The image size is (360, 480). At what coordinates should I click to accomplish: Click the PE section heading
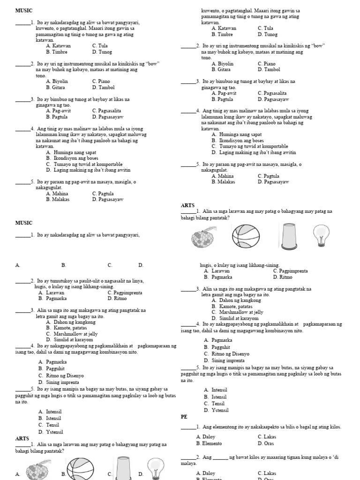point(184,416)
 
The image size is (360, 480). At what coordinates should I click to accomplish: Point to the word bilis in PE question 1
point(287,427)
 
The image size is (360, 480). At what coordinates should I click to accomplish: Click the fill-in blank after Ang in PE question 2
point(220,457)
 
